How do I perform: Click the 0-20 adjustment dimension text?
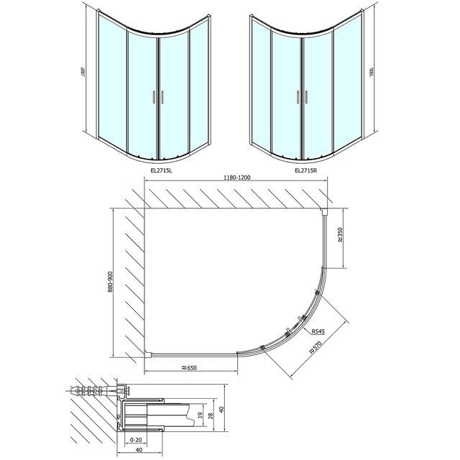(136, 439)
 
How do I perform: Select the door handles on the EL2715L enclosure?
(159, 98)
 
